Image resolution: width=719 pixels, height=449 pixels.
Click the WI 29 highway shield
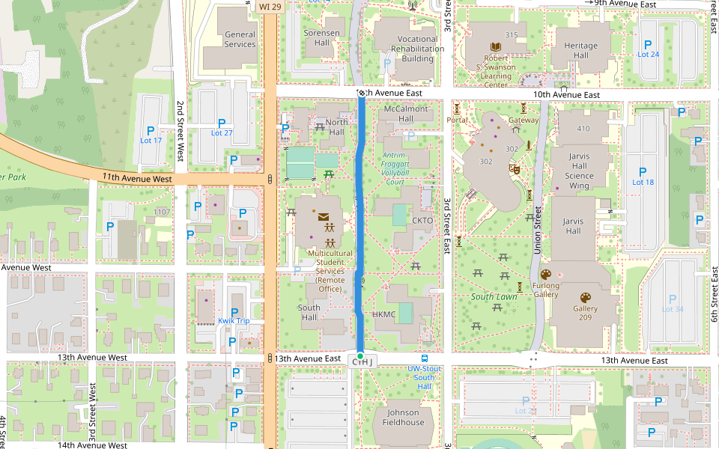pyautogui.click(x=270, y=6)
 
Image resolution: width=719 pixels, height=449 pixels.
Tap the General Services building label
pyautogui.click(x=240, y=39)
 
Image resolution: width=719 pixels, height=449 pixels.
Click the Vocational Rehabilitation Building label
pyautogui.click(x=417, y=49)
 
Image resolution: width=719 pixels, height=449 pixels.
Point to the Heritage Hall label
pyautogui.click(x=580, y=50)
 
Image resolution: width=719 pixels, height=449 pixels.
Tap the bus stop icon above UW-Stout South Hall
pyautogui.click(x=425, y=358)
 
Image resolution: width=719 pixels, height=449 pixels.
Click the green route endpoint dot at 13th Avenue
pyautogui.click(x=360, y=355)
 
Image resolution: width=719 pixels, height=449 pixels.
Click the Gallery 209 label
pyautogui.click(x=587, y=313)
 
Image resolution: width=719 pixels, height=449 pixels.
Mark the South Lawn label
pyautogui.click(x=494, y=297)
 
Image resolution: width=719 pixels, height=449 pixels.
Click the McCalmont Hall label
pyautogui.click(x=405, y=114)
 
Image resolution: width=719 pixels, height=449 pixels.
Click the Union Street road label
pyautogui.click(x=537, y=232)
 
